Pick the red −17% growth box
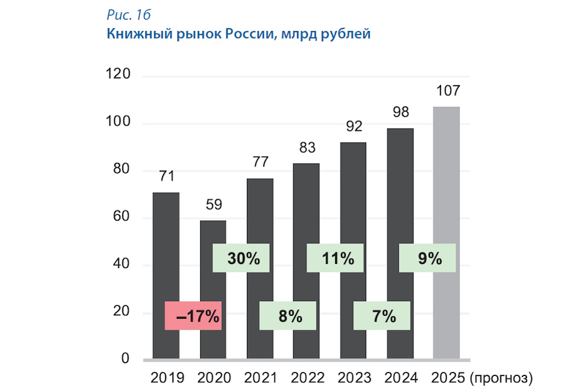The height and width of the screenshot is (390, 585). coord(193,316)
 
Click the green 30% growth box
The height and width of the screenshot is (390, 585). coord(240,258)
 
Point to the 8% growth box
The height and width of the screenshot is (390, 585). coord(288,316)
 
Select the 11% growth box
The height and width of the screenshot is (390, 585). coord(335,258)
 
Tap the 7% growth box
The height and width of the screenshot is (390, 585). coord(382,316)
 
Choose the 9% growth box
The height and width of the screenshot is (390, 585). coord(427,258)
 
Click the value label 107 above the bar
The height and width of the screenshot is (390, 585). coord(448,91)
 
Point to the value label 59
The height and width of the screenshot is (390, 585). coord(213,205)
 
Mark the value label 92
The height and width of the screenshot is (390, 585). coord(354,127)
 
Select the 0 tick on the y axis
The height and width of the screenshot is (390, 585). coord(125,358)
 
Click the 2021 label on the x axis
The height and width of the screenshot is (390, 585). coord(260,377)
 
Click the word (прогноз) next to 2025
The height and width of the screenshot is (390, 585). coord(501,377)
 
